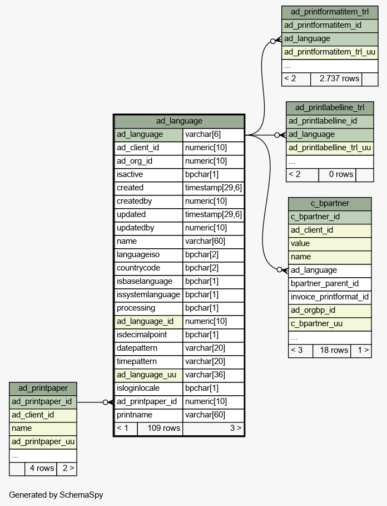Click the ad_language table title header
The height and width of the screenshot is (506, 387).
179,121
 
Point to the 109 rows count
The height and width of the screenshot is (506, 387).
163,428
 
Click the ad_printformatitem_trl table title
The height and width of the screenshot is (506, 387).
330,12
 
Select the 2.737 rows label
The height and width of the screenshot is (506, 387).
339,78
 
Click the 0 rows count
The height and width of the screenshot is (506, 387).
341,175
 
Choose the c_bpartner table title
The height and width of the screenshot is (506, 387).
330,204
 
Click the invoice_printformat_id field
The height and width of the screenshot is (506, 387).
330,297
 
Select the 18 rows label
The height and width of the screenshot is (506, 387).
334,351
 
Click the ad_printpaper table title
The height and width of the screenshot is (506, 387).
43,388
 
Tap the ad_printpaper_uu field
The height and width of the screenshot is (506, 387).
43,442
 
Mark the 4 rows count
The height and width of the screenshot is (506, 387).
42,469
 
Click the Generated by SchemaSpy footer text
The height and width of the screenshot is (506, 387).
56,495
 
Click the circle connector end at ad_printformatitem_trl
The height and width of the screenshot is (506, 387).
273,41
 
